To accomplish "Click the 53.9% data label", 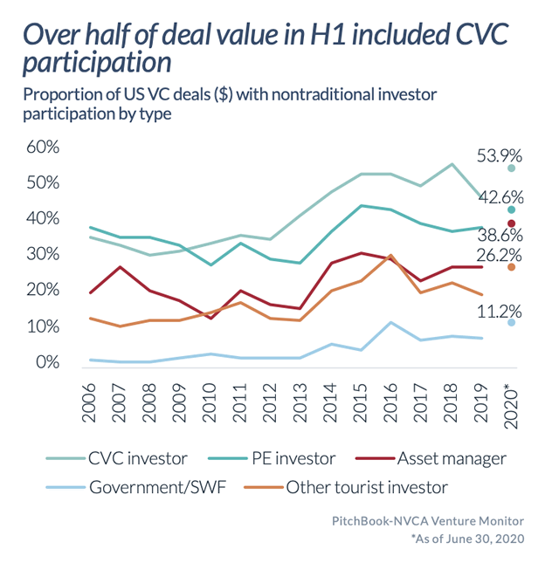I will [x=500, y=156].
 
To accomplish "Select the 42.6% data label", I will [x=500, y=196].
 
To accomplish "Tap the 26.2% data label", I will [x=500, y=255].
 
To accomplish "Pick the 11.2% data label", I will [x=500, y=311].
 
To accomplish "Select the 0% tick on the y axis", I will [x=47, y=362].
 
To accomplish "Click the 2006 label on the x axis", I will [x=90, y=402].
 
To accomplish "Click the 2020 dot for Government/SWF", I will [x=512, y=323].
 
